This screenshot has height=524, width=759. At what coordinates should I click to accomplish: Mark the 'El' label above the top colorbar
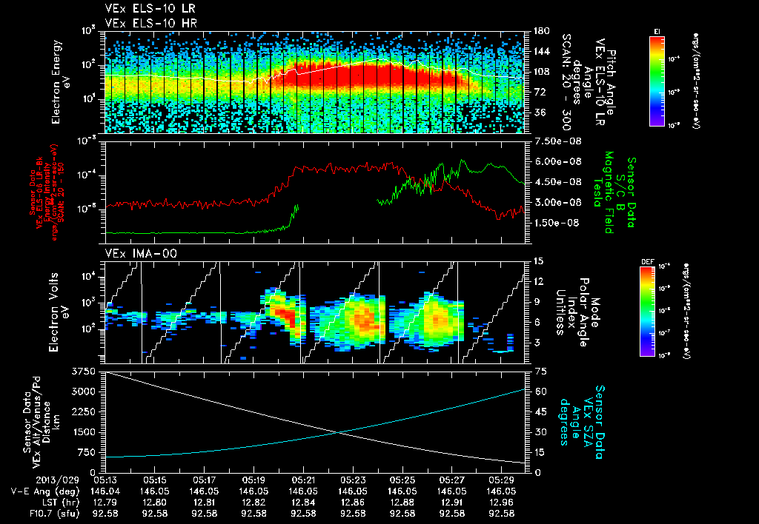(x=657, y=30)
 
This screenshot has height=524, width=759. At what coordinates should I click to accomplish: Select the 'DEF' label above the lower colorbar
(x=646, y=261)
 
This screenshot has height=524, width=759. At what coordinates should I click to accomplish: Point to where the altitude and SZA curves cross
(x=338, y=433)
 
